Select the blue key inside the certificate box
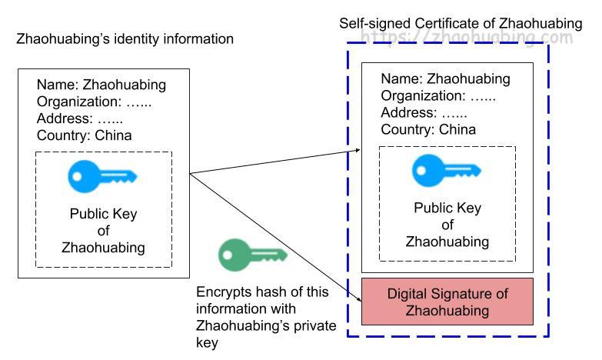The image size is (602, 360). click(447, 170)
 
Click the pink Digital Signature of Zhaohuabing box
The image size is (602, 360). click(447, 302)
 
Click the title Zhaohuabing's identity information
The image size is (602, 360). click(125, 38)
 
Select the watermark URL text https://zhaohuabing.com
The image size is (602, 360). click(466, 37)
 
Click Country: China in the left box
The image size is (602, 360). click(84, 135)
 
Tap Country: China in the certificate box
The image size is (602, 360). click(428, 129)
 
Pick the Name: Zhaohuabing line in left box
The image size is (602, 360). click(101, 85)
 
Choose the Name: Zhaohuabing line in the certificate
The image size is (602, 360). click(445, 78)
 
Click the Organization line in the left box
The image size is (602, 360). click(94, 102)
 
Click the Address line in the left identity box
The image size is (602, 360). click(79, 118)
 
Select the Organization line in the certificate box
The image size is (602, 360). click(438, 95)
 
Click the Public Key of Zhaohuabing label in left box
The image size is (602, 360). click(103, 230)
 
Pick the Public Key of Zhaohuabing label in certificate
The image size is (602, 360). click(447, 225)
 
